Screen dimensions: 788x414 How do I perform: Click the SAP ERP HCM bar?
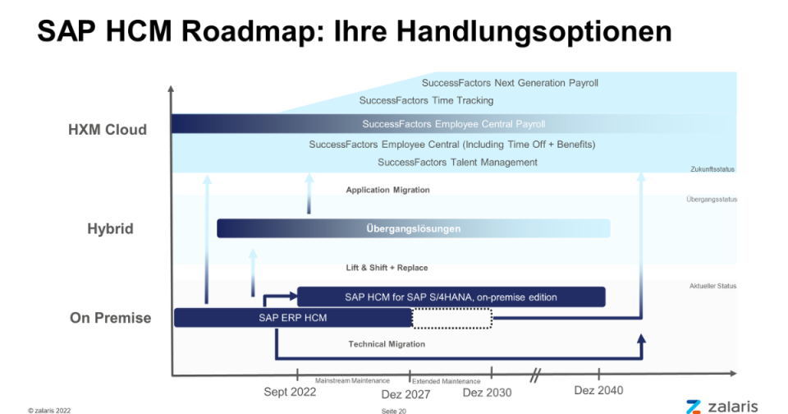pyautogui.click(x=293, y=318)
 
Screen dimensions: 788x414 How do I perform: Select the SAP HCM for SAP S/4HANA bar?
pyautogui.click(x=451, y=297)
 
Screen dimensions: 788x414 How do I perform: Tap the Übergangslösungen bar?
pyautogui.click(x=414, y=228)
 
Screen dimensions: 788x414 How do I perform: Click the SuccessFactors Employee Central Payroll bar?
pyautogui.click(x=454, y=124)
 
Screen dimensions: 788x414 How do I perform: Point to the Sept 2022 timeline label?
pyautogui.click(x=290, y=392)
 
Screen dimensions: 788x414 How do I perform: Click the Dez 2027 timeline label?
pyautogui.click(x=405, y=394)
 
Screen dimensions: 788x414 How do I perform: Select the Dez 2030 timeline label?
pyautogui.click(x=487, y=393)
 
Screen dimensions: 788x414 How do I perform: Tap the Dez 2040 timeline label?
pyautogui.click(x=598, y=390)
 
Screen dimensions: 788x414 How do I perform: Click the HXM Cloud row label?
pyautogui.click(x=108, y=130)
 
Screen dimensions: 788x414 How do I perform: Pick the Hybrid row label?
pyautogui.click(x=111, y=229)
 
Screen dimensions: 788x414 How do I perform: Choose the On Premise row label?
pyautogui.click(x=111, y=318)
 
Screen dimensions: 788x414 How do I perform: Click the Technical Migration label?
pyautogui.click(x=387, y=344)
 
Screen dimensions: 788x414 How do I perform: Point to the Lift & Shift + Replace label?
pyautogui.click(x=387, y=268)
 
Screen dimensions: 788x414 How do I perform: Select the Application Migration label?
pyautogui.click(x=388, y=190)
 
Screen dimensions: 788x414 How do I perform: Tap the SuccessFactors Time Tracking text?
pyautogui.click(x=426, y=100)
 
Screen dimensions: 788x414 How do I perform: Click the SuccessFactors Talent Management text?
pyautogui.click(x=457, y=163)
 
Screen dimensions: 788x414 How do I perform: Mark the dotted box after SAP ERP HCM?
pyautogui.click(x=451, y=319)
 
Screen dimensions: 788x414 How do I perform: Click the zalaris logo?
pyautogui.click(x=722, y=407)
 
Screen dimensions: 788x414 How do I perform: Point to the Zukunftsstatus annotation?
pyautogui.click(x=712, y=169)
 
